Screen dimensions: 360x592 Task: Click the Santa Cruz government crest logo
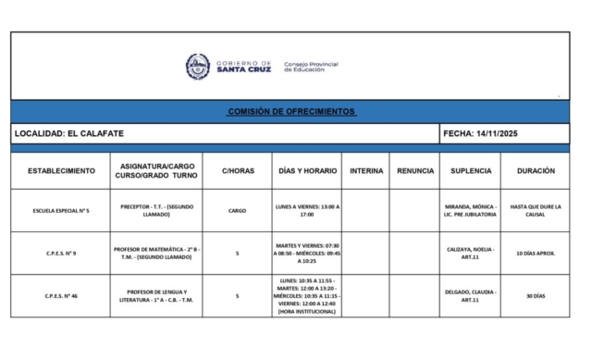[x=198, y=67]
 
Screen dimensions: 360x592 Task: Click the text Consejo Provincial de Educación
[x=311, y=67]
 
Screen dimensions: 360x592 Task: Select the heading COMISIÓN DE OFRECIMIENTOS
[x=290, y=111]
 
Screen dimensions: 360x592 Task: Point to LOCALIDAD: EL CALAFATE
[x=68, y=133]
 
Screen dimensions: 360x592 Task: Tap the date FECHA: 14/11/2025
[x=481, y=133]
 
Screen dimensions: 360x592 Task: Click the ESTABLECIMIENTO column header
[x=61, y=171]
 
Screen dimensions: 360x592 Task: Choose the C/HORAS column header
[x=238, y=171]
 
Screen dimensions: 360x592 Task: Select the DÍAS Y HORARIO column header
[x=307, y=171]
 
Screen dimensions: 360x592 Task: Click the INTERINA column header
[x=365, y=171]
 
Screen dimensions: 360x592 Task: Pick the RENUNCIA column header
[x=415, y=171]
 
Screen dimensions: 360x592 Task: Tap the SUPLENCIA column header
[x=471, y=171]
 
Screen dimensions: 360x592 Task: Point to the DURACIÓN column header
[x=536, y=171]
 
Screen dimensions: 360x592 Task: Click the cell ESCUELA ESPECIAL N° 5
[x=61, y=210]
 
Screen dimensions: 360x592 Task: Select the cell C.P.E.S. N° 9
[x=61, y=253]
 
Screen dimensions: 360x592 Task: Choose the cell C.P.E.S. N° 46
[x=61, y=296]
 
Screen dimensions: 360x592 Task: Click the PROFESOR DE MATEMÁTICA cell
[x=157, y=253]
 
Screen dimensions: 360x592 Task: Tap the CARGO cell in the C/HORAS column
[x=238, y=210]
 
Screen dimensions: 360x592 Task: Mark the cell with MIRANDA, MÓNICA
[x=471, y=210]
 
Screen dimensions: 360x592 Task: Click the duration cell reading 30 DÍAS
[x=536, y=296]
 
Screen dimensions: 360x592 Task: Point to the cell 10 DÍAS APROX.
[x=536, y=253]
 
